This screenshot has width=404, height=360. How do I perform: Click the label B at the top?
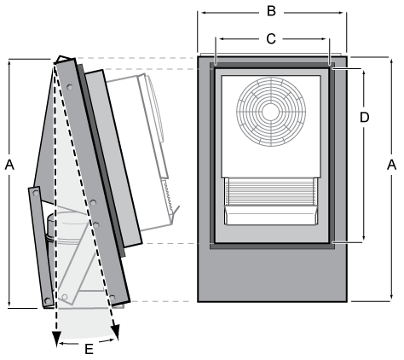tap(271, 11)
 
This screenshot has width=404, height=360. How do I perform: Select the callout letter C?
tap(271, 38)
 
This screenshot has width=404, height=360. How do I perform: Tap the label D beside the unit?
tap(364, 116)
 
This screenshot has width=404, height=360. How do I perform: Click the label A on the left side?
tap(10, 164)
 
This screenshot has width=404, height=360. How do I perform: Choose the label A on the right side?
tap(391, 164)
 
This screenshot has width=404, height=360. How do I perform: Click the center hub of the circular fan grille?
tap(269, 110)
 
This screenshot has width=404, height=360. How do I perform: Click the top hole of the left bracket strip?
tap(35, 195)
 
